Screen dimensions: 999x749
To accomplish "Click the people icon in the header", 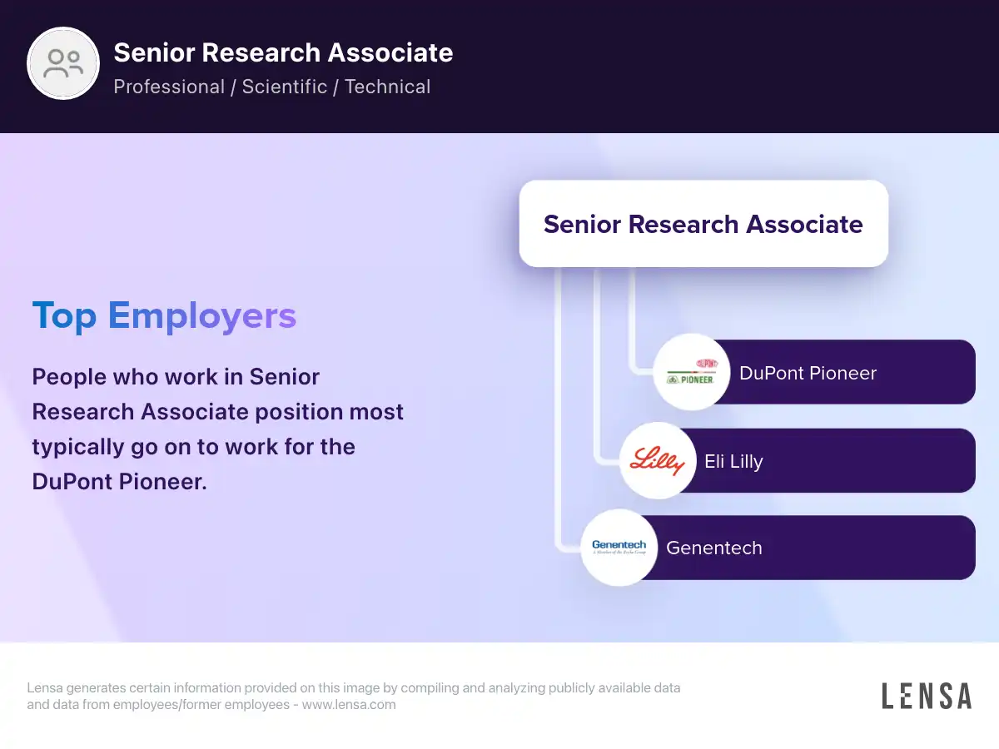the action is point(63,63).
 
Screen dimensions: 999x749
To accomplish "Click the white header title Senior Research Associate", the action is point(283,52).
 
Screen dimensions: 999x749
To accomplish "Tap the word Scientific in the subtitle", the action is point(285,87).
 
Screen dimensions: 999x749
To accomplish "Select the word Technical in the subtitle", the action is point(387,87).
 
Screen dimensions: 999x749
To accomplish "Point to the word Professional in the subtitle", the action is point(169,87).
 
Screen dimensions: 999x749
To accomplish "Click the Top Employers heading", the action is point(164,315).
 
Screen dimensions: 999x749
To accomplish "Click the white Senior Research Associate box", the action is point(703,224).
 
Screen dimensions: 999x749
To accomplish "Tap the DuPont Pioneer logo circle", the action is point(692,372).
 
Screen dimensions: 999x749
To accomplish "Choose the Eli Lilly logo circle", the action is point(658,460).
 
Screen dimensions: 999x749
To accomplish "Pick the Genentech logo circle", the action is point(619,547).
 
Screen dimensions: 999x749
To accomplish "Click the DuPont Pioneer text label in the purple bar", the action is point(808,373).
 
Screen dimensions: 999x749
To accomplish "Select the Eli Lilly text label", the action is point(733,462).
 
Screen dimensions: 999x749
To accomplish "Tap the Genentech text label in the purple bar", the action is point(714,548).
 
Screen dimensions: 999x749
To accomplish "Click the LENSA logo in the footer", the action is point(927,696).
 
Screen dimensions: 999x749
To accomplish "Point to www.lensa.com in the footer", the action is point(349,704).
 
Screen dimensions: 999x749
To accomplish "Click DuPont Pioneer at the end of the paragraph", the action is point(119,481).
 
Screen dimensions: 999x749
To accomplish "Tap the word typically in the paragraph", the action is point(78,447).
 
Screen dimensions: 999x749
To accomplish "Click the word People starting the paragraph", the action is point(69,377).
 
